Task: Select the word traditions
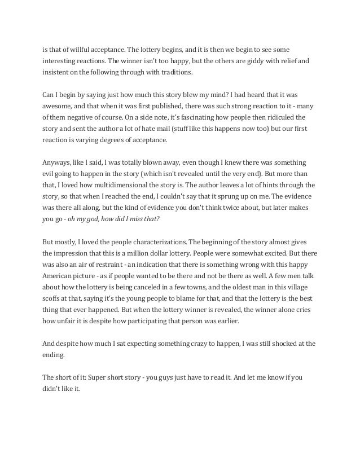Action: click(176, 72)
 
